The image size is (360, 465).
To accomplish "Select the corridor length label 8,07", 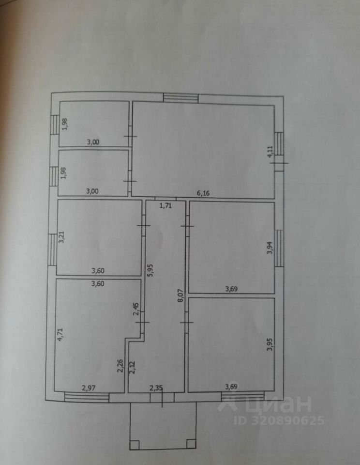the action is coord(180,295).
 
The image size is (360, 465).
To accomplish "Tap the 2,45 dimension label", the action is coord(136,309).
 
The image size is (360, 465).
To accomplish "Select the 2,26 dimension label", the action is coord(120,364).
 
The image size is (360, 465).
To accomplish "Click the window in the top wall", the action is coord(180,98).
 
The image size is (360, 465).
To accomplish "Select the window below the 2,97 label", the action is coord(87,398).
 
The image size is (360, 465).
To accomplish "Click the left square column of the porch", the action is coord(135,443).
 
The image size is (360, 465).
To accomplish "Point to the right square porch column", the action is coord(192,443).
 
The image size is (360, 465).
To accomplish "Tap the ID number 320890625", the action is coord(279,420).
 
